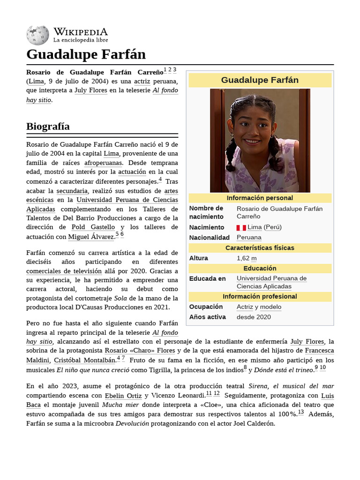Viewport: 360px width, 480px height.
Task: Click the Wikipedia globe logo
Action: (x=37, y=35)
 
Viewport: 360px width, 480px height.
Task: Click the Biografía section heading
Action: (x=48, y=127)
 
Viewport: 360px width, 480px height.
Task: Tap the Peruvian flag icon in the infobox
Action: (x=241, y=227)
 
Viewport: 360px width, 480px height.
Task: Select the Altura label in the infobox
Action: (x=199, y=258)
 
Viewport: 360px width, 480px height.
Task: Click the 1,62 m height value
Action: (x=247, y=258)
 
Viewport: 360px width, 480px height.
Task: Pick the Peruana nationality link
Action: (x=249, y=238)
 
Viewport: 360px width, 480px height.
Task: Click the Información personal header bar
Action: (x=260, y=198)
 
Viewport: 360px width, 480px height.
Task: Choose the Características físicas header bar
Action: (x=260, y=248)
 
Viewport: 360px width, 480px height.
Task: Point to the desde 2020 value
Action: (x=254, y=317)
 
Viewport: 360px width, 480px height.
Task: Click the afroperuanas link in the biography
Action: (x=103, y=163)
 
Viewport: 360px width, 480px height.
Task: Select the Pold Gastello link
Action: (x=93, y=227)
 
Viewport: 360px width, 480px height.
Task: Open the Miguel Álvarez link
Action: (x=91, y=237)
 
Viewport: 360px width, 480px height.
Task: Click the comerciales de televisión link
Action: (x=64, y=271)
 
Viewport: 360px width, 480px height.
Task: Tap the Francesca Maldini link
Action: (x=319, y=351)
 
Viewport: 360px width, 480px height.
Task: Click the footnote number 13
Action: (x=300, y=412)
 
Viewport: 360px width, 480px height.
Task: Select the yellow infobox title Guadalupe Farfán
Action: (x=260, y=80)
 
